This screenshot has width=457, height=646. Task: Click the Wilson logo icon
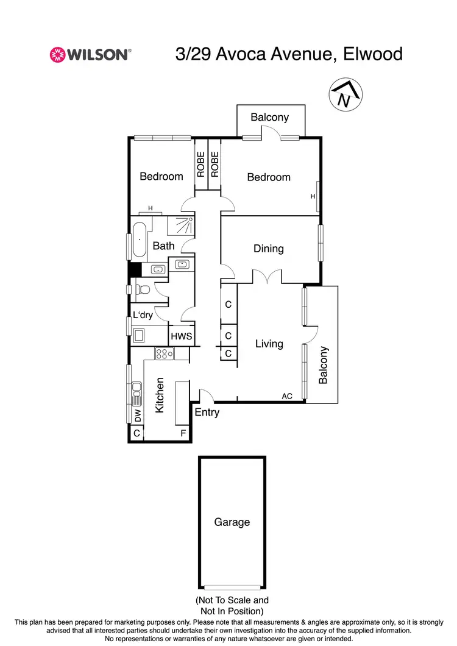tap(57, 54)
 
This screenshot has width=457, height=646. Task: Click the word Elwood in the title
tap(372, 54)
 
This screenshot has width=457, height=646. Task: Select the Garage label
tap(232, 522)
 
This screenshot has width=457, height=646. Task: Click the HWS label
tap(181, 336)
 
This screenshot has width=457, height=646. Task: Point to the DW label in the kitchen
tap(138, 416)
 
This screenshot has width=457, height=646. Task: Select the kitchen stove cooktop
tap(165, 353)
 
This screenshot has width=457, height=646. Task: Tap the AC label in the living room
tap(287, 396)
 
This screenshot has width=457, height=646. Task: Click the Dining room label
tap(269, 249)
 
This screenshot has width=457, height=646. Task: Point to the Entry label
tap(207, 413)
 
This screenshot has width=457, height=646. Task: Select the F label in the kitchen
tap(182, 433)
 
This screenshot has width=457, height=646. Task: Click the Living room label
tap(269, 344)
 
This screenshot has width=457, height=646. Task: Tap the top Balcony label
tap(270, 117)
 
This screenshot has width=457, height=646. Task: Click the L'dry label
tap(143, 316)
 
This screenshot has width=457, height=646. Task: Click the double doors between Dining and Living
tap(268, 277)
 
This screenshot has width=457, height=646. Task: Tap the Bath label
tap(163, 246)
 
